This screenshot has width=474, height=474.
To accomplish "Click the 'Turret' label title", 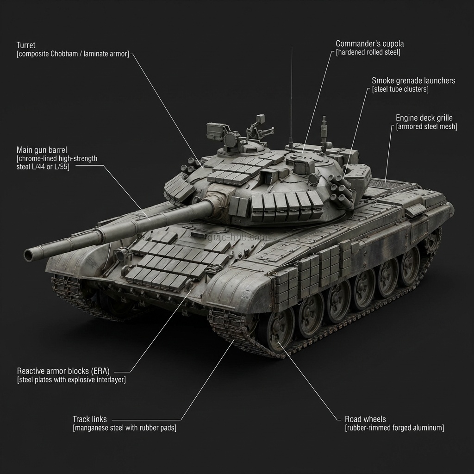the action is (26, 45).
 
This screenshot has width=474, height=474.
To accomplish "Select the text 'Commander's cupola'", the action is (370, 44).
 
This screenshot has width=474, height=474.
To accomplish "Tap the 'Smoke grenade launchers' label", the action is (413, 81).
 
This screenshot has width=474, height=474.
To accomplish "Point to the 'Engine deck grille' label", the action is (424, 118).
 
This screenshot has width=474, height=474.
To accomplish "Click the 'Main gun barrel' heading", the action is (42, 150).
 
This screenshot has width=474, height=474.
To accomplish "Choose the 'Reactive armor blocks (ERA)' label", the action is (63, 371).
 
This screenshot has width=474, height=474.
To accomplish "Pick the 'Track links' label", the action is (89, 419).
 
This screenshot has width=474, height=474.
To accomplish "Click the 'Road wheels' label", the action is (365, 419).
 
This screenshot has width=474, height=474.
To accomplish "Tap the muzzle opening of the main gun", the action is (29, 256).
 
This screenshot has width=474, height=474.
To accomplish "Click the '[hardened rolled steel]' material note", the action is (368, 52).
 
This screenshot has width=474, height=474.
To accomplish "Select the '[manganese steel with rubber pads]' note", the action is (124, 428).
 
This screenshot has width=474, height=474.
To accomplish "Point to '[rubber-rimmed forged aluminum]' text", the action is (394, 428).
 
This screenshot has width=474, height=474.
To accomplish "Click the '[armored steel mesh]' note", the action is (426, 127).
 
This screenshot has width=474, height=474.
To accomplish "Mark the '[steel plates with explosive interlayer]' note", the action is (71, 380).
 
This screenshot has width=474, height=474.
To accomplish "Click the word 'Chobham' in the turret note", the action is (64, 54).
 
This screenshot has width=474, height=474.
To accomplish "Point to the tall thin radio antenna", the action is (292, 96).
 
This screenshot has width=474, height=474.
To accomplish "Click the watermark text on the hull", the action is (238, 237).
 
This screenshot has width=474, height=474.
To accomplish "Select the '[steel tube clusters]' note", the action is (400, 89).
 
